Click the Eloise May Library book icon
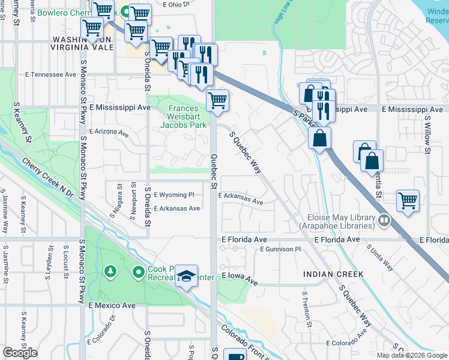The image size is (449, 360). (x=384, y=221)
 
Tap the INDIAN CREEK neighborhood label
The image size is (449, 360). (x=333, y=274)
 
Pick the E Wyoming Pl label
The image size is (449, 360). (x=174, y=195)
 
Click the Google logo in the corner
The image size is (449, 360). (x=20, y=353)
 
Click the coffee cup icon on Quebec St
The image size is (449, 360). (x=234, y=355)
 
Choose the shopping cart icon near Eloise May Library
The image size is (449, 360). (x=408, y=202)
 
